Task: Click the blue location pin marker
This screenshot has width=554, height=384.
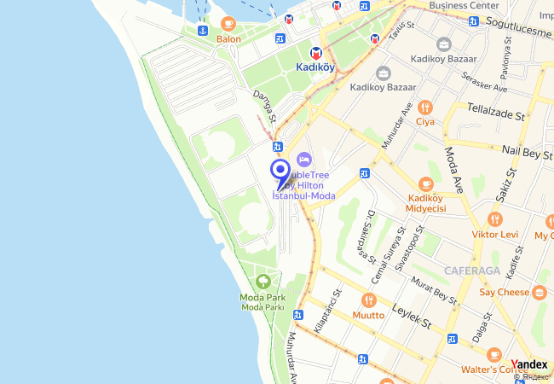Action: (279, 169)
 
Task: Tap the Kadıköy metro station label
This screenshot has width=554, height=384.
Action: (315, 67)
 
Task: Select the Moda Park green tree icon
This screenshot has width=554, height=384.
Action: (263, 281)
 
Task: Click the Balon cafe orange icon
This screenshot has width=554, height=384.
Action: (228, 24)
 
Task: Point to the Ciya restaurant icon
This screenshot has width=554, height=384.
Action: (425, 107)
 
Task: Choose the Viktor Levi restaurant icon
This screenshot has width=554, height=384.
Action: (495, 219)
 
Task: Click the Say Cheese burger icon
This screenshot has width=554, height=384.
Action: (540, 292)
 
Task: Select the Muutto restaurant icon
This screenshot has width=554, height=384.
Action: (368, 300)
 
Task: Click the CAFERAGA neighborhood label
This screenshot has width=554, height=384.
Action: (470, 271)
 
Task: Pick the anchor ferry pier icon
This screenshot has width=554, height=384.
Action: (203, 31)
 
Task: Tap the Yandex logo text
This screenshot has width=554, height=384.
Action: (529, 364)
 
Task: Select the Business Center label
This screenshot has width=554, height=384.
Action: (464, 5)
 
